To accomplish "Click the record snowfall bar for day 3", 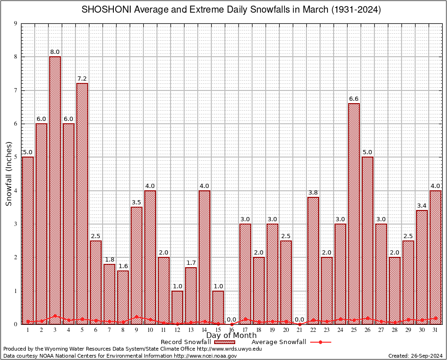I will tap(55, 187).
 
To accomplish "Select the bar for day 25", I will tap(354, 211).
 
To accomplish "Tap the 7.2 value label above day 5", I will tap(82, 79).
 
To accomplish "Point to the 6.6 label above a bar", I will tap(354, 99).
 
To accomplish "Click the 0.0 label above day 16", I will tap(231, 320).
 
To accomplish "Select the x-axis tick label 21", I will tap(299, 330).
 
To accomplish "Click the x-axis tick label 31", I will tap(435, 330).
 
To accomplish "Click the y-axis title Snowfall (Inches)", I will tap(9, 174).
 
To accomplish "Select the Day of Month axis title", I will tap(231, 336).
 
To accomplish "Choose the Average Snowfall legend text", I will tap(279, 342).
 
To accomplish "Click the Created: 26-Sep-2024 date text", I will tap(415, 356).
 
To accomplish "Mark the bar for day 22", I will tap(313, 260).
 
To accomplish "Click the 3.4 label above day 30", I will tap(422, 206).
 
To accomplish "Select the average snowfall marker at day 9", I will tap(136, 317).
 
